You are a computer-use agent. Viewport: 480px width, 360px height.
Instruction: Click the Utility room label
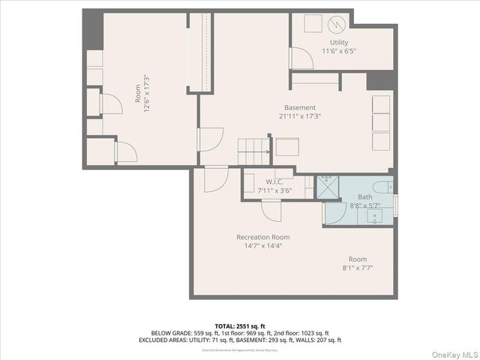pos(339,43)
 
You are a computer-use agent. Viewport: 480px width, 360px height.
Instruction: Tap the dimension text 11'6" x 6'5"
pos(339,52)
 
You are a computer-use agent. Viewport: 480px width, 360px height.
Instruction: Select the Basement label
pos(299,107)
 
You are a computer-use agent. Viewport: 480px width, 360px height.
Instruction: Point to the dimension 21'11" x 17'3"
pos(299,116)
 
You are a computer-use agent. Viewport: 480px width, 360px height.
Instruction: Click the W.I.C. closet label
pos(274,181)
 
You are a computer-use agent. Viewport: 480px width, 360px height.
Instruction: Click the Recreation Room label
pos(263,237)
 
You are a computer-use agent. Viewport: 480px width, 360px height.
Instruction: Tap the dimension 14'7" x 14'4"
pos(263,246)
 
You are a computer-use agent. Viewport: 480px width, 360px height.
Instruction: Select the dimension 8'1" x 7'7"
pos(357,268)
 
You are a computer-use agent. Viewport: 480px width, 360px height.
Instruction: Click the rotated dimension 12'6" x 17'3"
pos(147,93)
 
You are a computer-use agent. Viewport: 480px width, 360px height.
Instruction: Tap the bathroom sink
pos(375,216)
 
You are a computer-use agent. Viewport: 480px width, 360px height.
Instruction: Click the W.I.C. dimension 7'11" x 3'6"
pos(274,190)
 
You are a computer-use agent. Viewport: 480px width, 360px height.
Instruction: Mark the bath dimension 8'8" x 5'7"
pos(364,205)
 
